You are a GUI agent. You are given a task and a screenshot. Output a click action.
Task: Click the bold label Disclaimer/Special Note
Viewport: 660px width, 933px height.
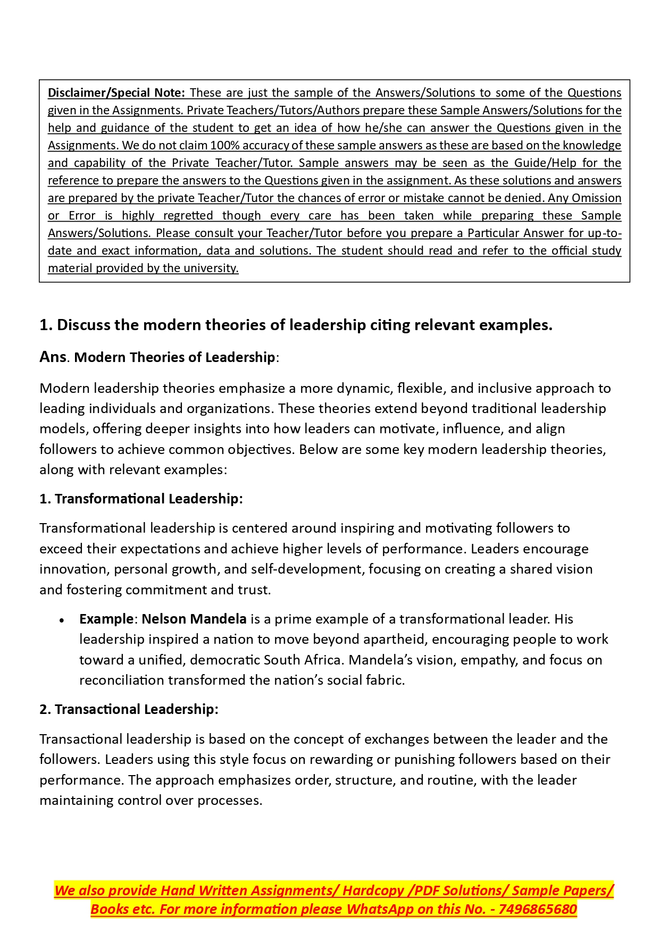[x=116, y=93]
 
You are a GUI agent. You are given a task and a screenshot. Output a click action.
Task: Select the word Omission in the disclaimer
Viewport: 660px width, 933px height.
[x=596, y=198]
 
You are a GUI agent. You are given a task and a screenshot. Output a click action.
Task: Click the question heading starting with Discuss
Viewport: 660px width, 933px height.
[x=296, y=325]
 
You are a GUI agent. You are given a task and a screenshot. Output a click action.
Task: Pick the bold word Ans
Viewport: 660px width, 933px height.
[x=53, y=357]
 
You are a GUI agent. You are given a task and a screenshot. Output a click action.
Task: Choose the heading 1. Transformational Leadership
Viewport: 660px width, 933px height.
[x=141, y=499]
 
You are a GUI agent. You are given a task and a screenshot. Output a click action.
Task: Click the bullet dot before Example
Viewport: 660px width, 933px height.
[x=62, y=620]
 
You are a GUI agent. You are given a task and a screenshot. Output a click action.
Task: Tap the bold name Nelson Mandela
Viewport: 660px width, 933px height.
[x=194, y=619]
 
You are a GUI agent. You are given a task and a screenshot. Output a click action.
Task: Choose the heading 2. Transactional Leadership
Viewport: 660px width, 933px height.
[x=129, y=709]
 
